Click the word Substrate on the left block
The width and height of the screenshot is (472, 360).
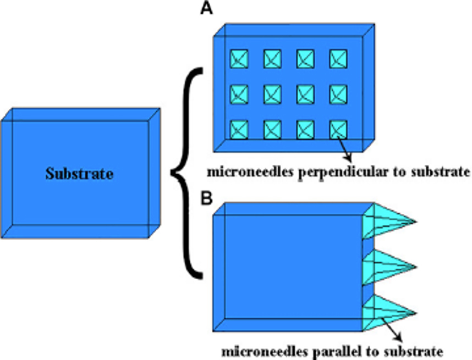79,175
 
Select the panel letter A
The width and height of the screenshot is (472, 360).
206,10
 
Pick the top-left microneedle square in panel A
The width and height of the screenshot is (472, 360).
239,58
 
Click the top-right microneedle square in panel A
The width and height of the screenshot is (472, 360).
338,58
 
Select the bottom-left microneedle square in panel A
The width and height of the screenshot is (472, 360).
239,130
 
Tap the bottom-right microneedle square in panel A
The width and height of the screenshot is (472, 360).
338,130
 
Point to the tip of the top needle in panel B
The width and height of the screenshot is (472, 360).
415,222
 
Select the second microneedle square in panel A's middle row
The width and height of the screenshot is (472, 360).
272,94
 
